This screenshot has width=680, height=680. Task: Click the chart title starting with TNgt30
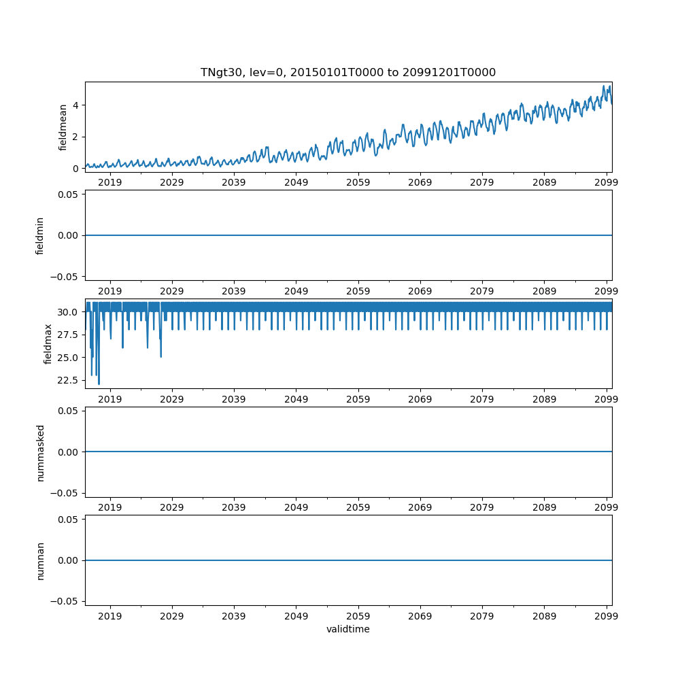pos(347,72)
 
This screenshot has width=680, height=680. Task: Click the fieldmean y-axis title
pos(63,127)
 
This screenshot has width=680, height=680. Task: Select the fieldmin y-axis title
pos(40,235)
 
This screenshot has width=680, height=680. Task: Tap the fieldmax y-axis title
pos(48,343)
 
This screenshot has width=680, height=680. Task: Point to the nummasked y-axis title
pos(40,452)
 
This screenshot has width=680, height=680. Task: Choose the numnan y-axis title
pos(40,560)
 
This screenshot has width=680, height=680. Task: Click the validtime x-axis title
pos(347,629)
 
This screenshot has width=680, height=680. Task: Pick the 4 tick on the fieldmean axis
pos(76,105)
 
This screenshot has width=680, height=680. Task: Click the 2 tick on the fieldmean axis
pos(76,137)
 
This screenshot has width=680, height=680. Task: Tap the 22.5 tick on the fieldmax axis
pos(69,379)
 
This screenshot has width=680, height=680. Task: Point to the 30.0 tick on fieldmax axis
pos(69,311)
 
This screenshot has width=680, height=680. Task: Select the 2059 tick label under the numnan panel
pos(358,615)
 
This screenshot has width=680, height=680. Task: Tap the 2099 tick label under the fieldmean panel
pos(606,182)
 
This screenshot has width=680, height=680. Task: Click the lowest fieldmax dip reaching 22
pos(99,384)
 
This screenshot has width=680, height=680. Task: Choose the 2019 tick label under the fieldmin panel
pos(110,290)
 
